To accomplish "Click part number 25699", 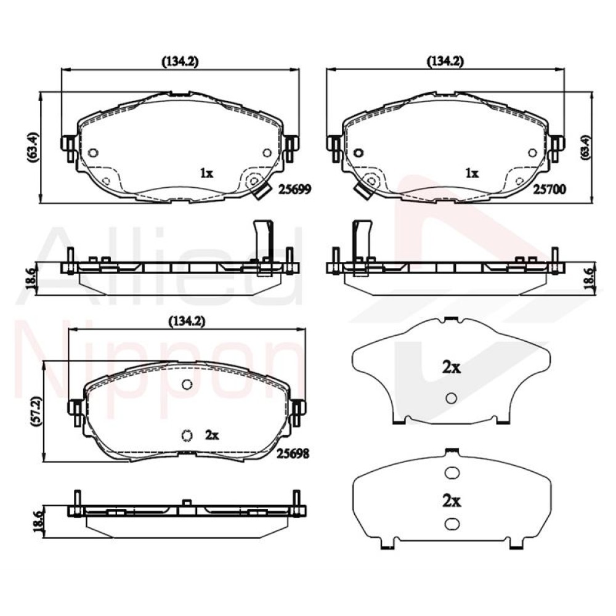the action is click(x=294, y=190).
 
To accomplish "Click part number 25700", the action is click(x=549, y=190).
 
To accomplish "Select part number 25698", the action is click(x=293, y=454).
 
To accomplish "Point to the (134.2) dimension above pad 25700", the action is click(x=445, y=61).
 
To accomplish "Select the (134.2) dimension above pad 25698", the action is click(x=187, y=322).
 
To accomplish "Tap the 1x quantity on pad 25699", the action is click(x=206, y=173).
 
